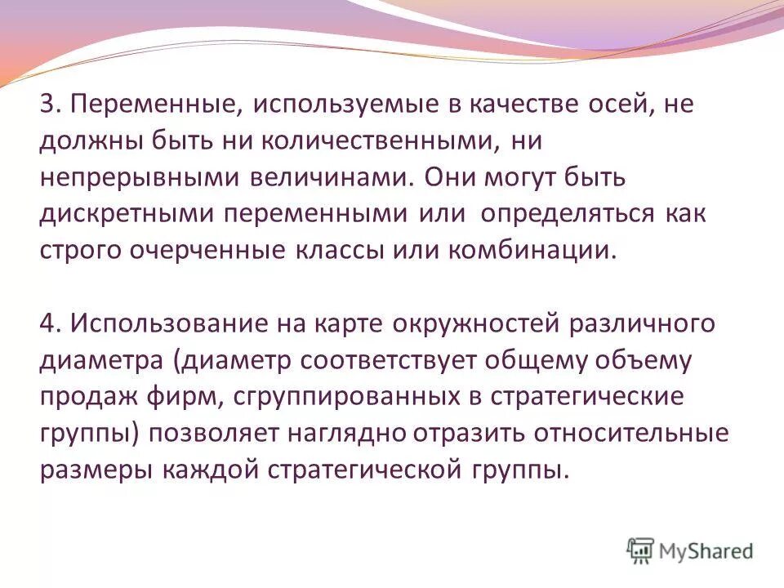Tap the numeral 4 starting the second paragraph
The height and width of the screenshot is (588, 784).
[47, 323]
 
